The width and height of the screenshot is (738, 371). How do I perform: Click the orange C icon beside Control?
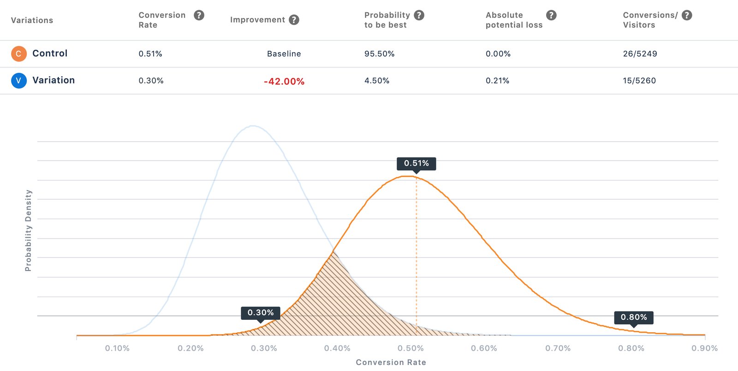click(x=18, y=54)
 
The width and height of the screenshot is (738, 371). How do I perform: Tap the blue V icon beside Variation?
click(x=18, y=80)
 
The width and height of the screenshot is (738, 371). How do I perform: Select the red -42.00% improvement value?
click(x=284, y=81)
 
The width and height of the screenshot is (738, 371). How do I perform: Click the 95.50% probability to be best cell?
click(x=379, y=54)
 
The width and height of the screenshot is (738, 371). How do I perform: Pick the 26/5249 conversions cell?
click(x=640, y=54)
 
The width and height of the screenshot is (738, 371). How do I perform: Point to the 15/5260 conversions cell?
click(x=639, y=80)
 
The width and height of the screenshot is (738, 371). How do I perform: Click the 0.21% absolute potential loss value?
click(x=497, y=80)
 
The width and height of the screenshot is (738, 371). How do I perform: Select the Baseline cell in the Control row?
click(x=284, y=54)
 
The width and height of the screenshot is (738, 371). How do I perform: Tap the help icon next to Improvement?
click(x=294, y=20)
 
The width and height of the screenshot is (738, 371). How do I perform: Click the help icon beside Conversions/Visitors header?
click(x=687, y=15)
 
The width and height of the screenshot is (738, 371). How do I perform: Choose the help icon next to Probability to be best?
click(x=419, y=15)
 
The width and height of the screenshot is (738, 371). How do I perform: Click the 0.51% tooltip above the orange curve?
click(x=416, y=163)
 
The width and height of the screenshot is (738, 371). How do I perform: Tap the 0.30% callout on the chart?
click(x=261, y=313)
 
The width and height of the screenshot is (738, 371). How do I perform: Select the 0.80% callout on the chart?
click(x=634, y=317)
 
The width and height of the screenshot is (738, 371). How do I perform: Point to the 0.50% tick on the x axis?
click(x=411, y=348)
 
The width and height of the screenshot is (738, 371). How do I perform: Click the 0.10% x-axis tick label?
click(x=117, y=348)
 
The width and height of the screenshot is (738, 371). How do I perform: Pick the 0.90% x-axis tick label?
click(x=704, y=348)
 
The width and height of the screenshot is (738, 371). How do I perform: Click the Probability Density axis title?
click(x=28, y=230)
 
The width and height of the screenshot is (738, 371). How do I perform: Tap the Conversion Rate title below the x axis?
click(x=391, y=362)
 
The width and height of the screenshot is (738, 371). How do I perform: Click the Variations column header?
click(x=32, y=20)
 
